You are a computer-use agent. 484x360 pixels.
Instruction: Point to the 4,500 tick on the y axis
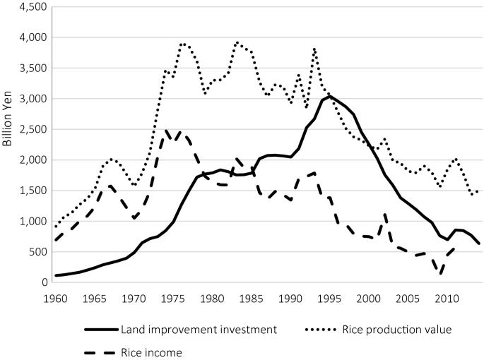30,7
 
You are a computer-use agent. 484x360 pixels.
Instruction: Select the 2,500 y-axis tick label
30,130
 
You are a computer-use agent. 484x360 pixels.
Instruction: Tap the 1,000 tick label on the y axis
30,222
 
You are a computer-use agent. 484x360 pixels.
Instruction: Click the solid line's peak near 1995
329,96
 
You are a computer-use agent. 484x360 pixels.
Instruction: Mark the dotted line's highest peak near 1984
237,42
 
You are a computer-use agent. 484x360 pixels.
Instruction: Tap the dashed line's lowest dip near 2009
439,273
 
